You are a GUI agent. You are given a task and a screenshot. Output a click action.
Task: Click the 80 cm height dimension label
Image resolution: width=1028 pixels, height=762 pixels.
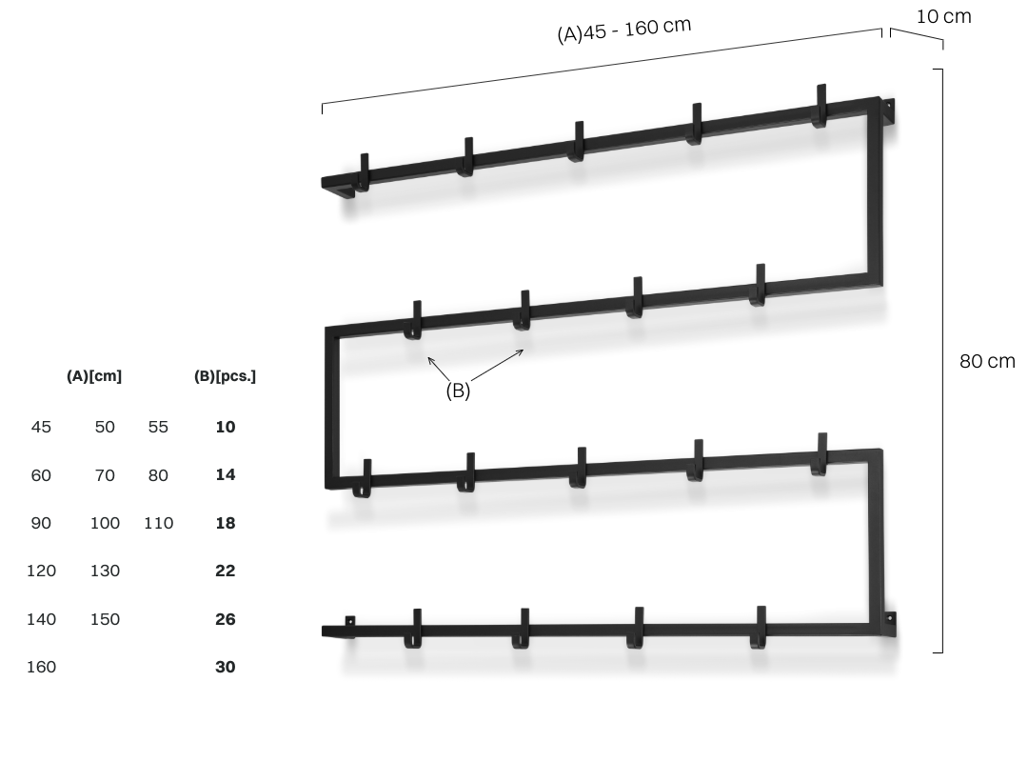point(987,361)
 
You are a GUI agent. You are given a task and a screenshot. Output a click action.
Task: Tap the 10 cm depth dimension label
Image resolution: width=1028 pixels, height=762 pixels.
point(943,16)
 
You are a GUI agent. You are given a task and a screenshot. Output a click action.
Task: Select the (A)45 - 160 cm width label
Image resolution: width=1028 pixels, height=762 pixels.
point(624,30)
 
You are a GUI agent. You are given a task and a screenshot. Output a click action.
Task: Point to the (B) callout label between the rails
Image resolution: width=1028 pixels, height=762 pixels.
point(458,391)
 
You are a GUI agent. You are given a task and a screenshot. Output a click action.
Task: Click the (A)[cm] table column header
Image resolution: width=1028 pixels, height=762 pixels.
point(93,376)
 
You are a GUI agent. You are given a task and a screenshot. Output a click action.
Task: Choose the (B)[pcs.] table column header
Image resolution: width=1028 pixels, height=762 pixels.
point(225,376)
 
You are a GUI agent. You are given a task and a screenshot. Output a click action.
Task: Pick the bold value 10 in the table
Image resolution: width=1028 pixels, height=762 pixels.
point(225,427)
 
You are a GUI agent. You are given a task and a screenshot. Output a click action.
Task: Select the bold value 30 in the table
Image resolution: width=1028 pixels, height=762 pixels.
point(225,667)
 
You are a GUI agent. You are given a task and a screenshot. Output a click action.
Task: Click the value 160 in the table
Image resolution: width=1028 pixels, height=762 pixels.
point(41,667)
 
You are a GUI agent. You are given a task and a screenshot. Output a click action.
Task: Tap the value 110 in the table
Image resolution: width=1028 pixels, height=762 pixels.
point(158,523)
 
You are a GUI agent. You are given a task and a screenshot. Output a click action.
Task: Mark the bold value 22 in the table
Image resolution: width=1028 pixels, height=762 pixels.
point(225,571)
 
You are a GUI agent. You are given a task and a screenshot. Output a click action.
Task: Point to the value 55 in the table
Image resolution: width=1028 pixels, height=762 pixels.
point(158,427)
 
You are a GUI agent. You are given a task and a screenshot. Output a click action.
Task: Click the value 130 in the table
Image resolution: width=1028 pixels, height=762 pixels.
point(105,571)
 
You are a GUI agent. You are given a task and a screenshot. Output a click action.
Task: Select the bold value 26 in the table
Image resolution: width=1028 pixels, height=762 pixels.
point(225,619)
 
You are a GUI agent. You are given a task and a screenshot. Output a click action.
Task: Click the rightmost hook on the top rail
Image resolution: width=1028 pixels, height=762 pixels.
point(820,107)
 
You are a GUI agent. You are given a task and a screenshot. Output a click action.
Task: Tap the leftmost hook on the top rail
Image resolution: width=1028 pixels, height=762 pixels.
point(364,172)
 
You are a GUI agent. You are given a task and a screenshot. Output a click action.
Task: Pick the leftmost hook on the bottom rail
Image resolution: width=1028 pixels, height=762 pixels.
point(413,629)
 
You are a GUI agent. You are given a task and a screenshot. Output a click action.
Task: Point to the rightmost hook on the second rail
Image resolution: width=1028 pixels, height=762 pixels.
point(759,286)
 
